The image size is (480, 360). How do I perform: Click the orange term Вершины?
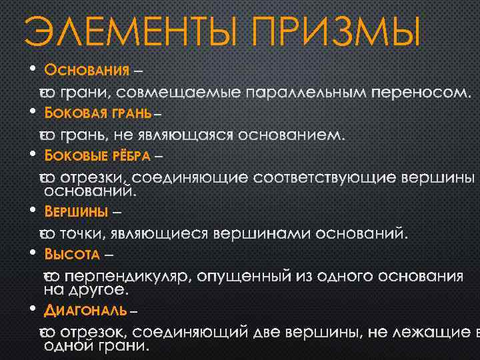click(76, 212)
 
